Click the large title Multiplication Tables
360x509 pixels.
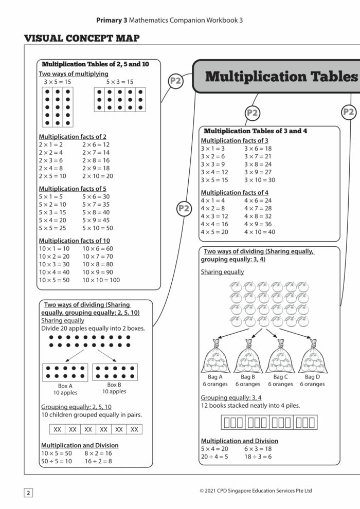pos(280,77)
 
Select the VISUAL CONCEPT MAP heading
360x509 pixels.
pos(82,39)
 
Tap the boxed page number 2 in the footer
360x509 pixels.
pos(29,493)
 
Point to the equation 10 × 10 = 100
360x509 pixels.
pos(101,280)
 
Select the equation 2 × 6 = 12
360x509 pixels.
pos(96,144)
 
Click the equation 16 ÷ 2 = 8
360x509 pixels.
pos(98,461)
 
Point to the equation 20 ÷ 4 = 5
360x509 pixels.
pos(214,457)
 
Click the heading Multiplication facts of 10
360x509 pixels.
pos(74,241)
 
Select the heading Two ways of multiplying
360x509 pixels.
pos(74,74)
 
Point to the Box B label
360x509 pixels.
pos(114,384)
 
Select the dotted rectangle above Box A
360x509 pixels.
pos(65,372)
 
